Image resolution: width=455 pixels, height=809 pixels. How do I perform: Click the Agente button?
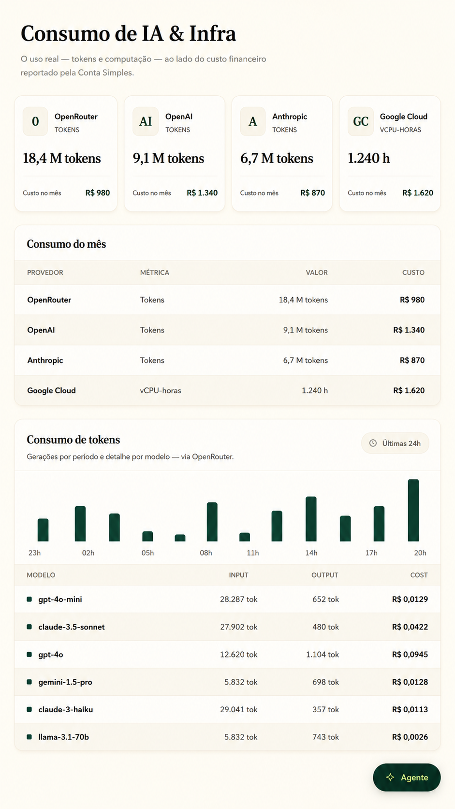point(407,777)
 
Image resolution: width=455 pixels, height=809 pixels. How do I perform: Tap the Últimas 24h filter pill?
point(395,443)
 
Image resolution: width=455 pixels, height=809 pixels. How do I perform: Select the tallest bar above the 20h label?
point(413,510)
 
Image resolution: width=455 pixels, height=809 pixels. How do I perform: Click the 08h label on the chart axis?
point(206,553)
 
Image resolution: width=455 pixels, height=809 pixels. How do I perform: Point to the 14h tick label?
point(311,553)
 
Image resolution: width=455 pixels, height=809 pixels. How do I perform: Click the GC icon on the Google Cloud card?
point(360,121)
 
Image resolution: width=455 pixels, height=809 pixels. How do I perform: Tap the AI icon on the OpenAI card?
point(146,121)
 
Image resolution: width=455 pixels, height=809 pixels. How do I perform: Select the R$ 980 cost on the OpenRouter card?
point(97,193)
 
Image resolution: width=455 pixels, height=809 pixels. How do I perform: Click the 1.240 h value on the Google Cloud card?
point(368,158)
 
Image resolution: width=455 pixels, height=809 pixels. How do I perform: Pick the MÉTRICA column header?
point(154,272)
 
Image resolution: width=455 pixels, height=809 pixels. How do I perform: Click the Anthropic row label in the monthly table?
point(45,360)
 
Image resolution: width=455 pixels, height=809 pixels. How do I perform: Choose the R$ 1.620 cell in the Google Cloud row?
point(409,390)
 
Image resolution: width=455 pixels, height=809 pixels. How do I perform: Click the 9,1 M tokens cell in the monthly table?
point(306,330)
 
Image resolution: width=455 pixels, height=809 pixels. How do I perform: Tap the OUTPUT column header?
point(325,575)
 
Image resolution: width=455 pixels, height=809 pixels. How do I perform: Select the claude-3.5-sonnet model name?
point(72,627)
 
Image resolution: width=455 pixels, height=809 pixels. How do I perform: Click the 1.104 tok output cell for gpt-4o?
point(323,655)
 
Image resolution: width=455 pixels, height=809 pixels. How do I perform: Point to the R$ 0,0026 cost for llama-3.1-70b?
point(410,737)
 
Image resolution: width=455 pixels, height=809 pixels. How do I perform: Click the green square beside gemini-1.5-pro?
point(29,682)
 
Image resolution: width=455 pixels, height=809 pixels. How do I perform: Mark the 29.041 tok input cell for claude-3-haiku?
point(239,709)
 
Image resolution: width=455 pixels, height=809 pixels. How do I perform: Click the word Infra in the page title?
point(213,33)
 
